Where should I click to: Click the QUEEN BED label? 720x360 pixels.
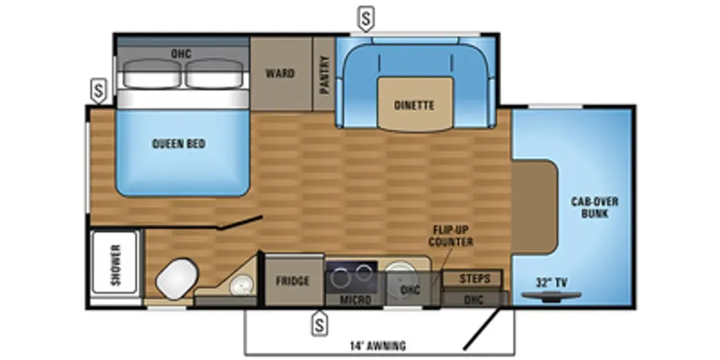[x=179, y=143]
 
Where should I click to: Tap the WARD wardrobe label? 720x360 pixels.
[x=280, y=73]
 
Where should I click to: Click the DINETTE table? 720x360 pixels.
[x=415, y=104]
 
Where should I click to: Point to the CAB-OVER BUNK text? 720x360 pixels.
[x=595, y=207]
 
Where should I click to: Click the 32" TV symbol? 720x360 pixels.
[x=551, y=297]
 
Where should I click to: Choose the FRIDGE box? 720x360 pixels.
[x=292, y=281]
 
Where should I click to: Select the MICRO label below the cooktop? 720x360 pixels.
[x=355, y=300]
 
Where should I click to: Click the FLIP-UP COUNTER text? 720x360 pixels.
[x=451, y=236]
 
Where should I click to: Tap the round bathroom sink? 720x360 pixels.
[x=242, y=285]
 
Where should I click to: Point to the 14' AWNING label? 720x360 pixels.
[x=378, y=345]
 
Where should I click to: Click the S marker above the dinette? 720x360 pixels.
[x=366, y=20]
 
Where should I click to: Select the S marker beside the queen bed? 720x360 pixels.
[x=98, y=91]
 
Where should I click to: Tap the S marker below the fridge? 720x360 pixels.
[x=320, y=323]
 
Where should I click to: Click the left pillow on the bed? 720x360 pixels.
[x=152, y=73]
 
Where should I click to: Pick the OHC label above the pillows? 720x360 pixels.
[x=181, y=53]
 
